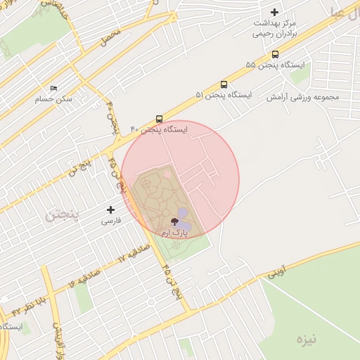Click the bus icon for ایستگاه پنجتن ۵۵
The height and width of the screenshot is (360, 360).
275,54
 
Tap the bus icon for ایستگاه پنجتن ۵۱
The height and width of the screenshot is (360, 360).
224,84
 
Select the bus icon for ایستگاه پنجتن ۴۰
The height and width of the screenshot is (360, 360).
160,119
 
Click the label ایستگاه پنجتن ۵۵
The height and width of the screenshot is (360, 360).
276,65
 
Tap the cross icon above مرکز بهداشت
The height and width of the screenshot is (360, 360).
275,12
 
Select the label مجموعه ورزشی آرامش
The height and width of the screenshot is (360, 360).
302,96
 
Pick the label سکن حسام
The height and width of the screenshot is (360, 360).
53,99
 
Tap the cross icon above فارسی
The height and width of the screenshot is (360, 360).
110,210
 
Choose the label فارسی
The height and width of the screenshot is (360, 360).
111,220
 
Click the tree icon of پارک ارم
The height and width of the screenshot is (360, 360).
174,221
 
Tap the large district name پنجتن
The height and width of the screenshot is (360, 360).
63,214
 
